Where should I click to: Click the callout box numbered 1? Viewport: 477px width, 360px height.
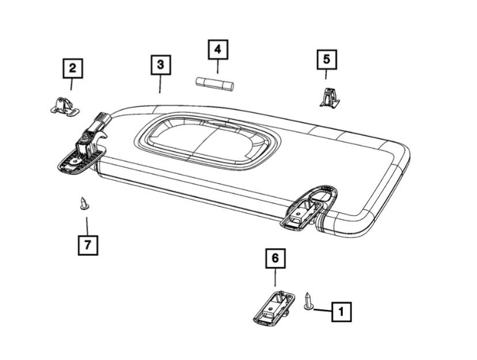341,312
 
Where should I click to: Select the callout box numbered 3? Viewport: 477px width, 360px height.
160,65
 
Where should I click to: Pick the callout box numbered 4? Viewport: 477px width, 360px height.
217,50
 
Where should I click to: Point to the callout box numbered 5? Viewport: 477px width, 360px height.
326,59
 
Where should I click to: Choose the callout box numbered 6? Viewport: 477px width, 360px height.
275,259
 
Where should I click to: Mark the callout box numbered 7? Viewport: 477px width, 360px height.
88,245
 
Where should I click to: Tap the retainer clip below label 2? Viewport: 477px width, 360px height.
64,105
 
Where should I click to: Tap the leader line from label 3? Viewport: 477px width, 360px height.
160,84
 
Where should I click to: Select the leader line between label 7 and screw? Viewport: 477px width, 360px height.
87,226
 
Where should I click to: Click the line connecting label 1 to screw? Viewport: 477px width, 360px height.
323,311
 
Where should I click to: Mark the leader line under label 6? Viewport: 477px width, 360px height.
275,278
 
